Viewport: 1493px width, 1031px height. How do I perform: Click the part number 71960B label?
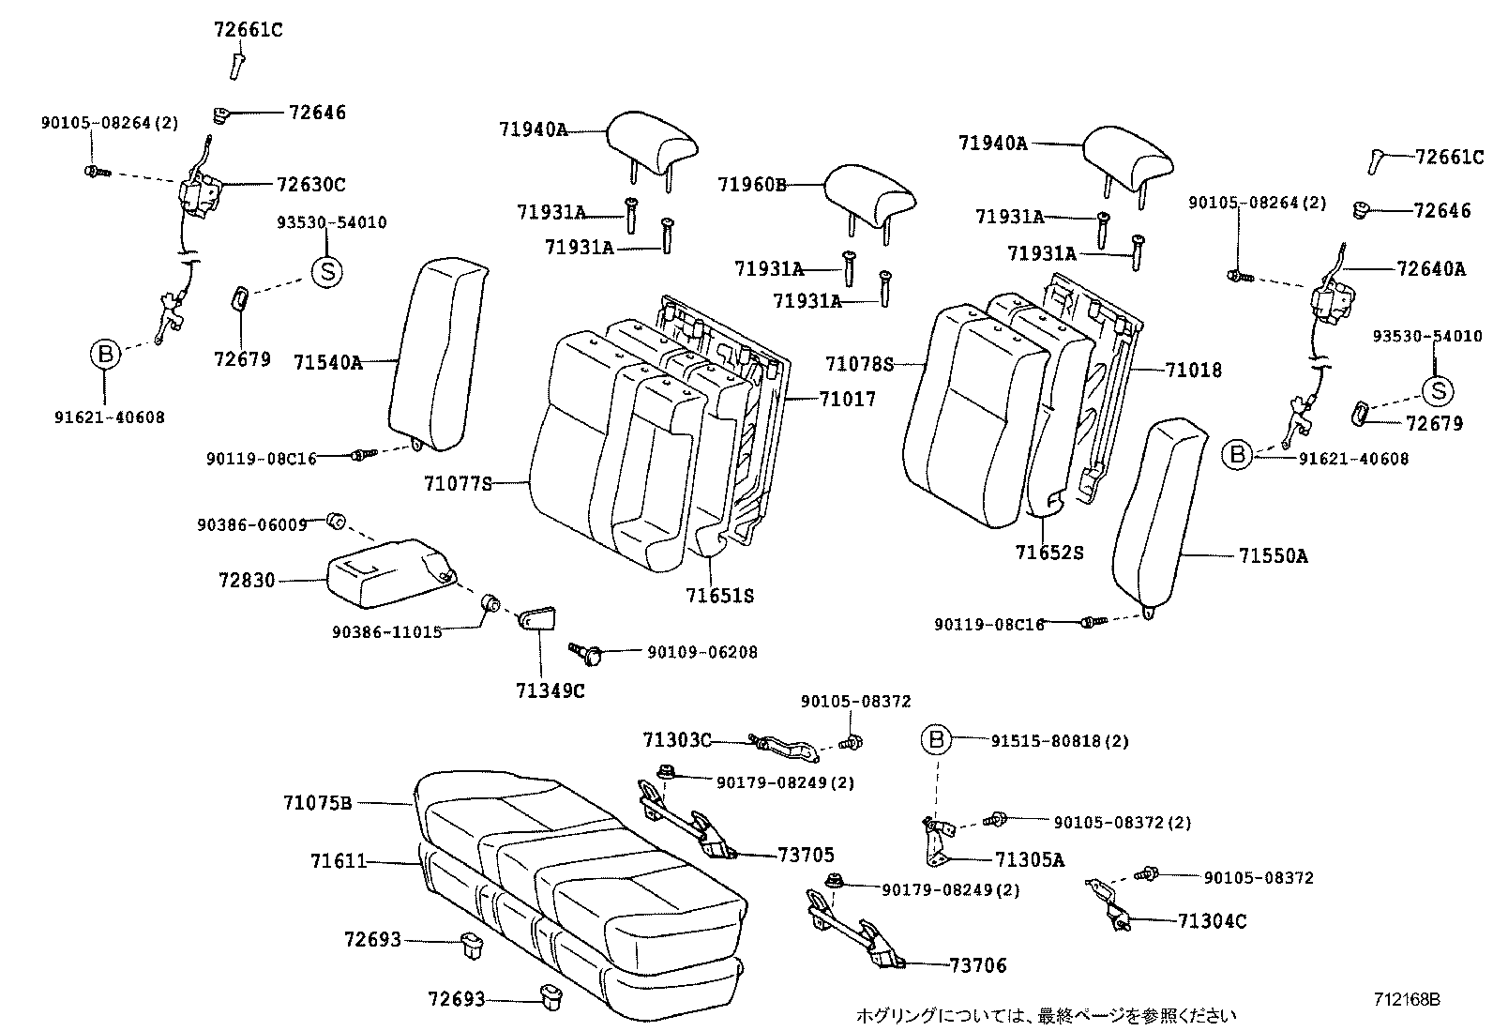pos(752,184)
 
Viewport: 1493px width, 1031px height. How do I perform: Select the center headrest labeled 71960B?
pos(868,194)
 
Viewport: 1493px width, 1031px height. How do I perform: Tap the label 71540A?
pos(327,362)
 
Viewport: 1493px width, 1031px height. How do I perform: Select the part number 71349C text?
pos(550,690)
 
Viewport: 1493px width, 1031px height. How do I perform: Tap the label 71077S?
pos(458,484)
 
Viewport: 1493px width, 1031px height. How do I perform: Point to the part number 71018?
pos(1194,371)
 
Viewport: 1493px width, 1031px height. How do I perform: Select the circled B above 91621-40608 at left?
pos(106,354)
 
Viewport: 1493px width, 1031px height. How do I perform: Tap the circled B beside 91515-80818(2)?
pos(936,740)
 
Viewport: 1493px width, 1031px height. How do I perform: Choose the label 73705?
pos(806,855)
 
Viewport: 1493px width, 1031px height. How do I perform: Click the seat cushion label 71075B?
pos(317,803)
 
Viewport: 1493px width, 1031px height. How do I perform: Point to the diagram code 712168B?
pos(1407,999)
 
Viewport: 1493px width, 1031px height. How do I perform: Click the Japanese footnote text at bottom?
pos(1046,1015)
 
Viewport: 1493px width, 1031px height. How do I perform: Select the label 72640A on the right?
pos(1430,269)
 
